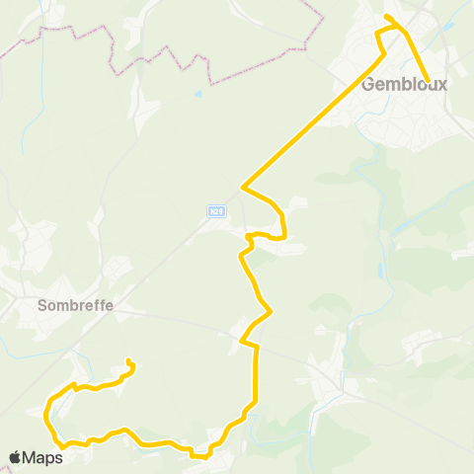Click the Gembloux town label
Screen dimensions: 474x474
click(405, 84)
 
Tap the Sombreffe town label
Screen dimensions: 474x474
click(76, 305)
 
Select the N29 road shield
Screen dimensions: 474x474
click(216, 210)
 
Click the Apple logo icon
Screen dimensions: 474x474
click(15, 457)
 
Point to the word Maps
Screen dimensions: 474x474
click(43, 457)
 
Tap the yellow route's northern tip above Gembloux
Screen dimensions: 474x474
click(386, 16)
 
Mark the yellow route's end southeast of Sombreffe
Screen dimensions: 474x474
click(129, 360)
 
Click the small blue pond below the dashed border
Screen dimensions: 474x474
click(198, 94)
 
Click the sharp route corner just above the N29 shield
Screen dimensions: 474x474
click(243, 185)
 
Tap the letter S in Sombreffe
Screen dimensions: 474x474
click(42, 305)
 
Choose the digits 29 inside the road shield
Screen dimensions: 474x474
click(219, 210)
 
